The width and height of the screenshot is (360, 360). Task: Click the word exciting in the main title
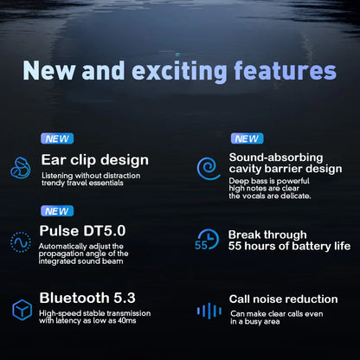176,72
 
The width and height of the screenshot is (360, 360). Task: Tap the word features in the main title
280,72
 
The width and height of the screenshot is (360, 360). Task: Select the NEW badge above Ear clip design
57,138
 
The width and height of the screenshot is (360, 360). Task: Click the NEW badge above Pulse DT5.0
57,210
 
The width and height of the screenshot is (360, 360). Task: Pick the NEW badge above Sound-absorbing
247,138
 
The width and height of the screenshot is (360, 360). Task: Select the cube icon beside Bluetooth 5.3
21,309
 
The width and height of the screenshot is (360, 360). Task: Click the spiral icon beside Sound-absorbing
209,167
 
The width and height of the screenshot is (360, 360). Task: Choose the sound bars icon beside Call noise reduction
209,310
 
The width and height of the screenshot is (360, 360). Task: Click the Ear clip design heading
94,160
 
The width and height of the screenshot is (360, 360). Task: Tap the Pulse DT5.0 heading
82,230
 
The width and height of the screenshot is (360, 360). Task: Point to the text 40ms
123,322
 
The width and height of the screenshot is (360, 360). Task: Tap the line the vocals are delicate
269,196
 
